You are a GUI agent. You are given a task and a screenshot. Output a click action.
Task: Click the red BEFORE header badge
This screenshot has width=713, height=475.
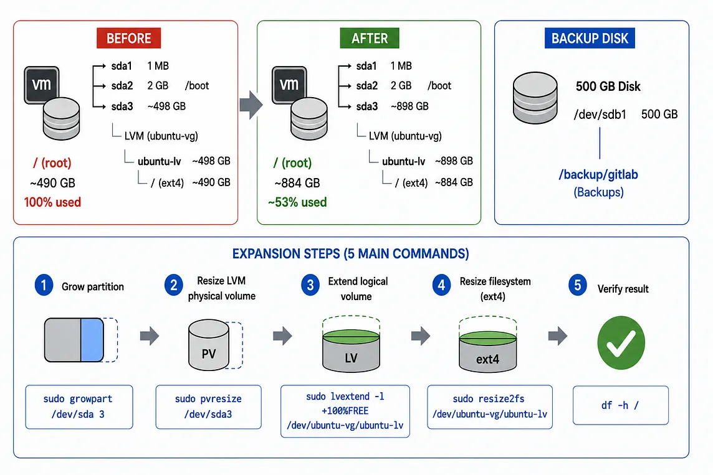pos(128,38)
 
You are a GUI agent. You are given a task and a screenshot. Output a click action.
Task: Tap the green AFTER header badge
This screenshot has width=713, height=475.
pos(370,38)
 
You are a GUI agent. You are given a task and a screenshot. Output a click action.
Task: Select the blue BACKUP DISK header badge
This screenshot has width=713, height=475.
pos(590,38)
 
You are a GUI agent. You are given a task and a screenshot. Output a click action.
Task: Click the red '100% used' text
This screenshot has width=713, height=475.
pos(52,202)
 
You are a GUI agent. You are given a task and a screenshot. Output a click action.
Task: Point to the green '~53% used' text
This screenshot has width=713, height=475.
pos(297,202)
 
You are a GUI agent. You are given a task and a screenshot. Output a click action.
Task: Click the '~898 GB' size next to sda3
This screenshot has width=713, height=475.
pos(409,106)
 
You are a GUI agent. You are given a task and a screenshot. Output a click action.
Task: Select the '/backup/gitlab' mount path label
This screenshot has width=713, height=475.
pos(598,175)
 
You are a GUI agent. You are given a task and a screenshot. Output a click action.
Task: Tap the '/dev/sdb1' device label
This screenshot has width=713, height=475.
pos(600,115)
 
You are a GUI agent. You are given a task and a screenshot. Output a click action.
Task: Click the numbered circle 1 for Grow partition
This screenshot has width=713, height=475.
pos(44,286)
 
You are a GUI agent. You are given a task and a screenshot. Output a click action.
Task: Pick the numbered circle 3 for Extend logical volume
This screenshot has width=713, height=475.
pos(310,285)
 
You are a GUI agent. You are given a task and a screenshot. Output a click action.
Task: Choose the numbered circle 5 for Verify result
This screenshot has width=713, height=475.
pos(578,285)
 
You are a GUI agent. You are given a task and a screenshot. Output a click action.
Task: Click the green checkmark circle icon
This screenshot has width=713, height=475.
pos(621,343)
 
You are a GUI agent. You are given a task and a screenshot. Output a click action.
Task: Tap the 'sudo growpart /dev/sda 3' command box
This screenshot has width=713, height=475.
pos(79,407)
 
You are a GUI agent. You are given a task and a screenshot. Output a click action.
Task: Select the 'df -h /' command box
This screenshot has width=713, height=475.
pos(621,405)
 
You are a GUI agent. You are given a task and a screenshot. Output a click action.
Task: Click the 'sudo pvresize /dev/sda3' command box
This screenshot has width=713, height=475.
pos(208,407)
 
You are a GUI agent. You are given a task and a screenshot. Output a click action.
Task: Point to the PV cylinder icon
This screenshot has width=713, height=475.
pos(209,345)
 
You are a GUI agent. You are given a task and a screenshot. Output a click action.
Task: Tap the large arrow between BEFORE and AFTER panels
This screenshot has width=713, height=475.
pos(251,105)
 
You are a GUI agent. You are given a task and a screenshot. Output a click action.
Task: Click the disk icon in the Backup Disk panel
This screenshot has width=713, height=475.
pos(535,98)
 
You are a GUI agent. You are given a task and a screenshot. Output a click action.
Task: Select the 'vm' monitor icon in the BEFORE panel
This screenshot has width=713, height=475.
pos(41,85)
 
